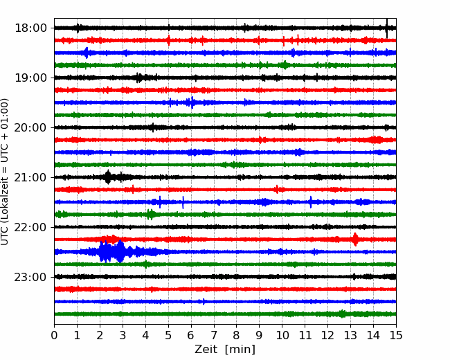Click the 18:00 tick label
pyautogui.click(x=30, y=28)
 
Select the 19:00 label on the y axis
pyautogui.click(x=30, y=78)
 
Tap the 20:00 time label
pyautogui.click(x=30, y=127)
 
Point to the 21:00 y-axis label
pyautogui.click(x=30, y=177)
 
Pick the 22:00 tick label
pyautogui.click(x=30, y=227)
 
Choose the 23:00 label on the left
pyautogui.click(x=30, y=277)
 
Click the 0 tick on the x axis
pyautogui.click(x=54, y=335)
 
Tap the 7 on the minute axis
pyautogui.click(x=214, y=335)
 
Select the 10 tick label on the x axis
pyautogui.click(x=282, y=335)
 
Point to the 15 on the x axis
pyautogui.click(x=396, y=335)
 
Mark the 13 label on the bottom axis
pyautogui.click(x=350, y=335)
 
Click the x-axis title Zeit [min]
pyautogui.click(x=225, y=350)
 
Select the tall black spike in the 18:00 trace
pyautogui.click(x=387, y=28)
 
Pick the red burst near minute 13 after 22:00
pyautogui.click(x=355, y=239)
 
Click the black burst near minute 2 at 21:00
pyautogui.click(x=108, y=177)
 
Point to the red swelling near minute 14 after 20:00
pyautogui.click(x=375, y=140)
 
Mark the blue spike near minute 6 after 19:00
pyautogui.click(x=192, y=102)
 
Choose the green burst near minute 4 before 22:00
pyautogui.click(x=150, y=215)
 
